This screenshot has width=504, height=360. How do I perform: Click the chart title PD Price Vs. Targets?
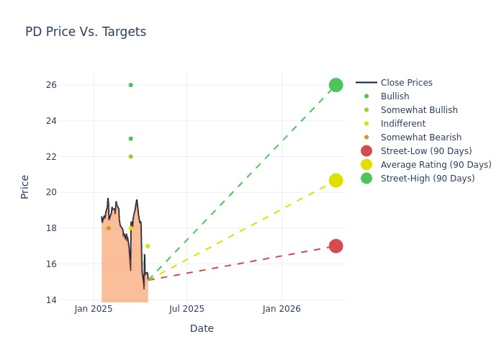click(x=86, y=32)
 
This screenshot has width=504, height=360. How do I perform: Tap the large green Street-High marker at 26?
click(x=336, y=85)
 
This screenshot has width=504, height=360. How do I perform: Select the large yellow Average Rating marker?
click(x=336, y=180)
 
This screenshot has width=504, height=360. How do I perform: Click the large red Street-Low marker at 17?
click(x=336, y=246)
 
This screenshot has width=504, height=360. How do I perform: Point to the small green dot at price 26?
click(x=130, y=85)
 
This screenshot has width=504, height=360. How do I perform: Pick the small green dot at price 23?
click(x=130, y=138)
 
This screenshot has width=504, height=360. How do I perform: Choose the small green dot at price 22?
click(x=130, y=156)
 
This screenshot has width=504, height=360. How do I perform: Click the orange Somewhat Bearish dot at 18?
click(x=109, y=228)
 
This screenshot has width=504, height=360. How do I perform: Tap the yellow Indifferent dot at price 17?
click(x=148, y=246)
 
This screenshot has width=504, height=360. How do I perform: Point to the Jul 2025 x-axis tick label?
click(x=186, y=310)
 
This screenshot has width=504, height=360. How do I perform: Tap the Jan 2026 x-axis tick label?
click(x=281, y=310)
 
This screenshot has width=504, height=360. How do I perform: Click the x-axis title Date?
click(x=202, y=329)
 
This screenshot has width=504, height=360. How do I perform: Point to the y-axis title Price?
click(x=25, y=186)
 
